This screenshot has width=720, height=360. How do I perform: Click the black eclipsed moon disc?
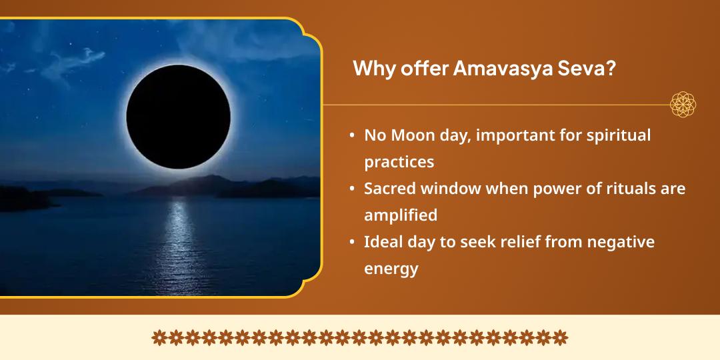[x=178, y=117]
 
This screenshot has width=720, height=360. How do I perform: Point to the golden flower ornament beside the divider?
[x=683, y=105]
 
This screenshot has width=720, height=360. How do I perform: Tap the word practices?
[x=399, y=162]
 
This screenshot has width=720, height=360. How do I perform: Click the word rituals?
[x=627, y=189]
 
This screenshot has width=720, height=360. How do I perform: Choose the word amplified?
[x=401, y=215]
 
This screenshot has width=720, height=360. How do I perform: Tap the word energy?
[x=391, y=269]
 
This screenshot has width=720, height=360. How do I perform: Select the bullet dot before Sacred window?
[x=352, y=189]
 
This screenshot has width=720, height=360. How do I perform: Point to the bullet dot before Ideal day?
[x=352, y=243]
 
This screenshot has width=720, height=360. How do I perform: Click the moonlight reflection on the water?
[x=179, y=243]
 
